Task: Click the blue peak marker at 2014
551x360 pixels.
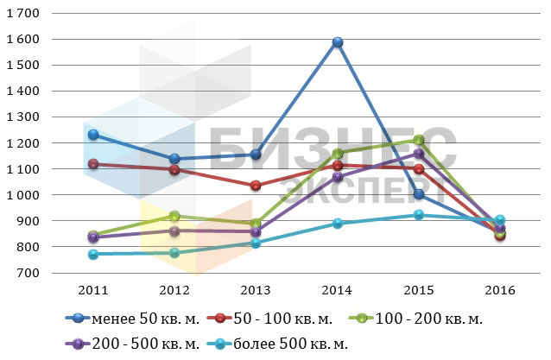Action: pyautogui.click(x=338, y=42)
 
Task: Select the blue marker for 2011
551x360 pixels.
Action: pyautogui.click(x=92, y=135)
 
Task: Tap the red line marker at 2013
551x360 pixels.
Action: pyautogui.click(x=256, y=186)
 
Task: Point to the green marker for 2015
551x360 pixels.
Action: pyautogui.click(x=419, y=140)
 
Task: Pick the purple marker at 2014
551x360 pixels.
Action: pyautogui.click(x=338, y=177)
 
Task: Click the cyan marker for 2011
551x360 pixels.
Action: pyautogui.click(x=92, y=254)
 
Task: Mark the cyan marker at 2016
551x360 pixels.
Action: pyautogui.click(x=500, y=220)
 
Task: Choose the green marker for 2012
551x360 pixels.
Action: pyautogui.click(x=174, y=216)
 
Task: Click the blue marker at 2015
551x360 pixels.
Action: pyautogui.click(x=419, y=194)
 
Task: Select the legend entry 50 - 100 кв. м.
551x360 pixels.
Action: pyautogui.click(x=277, y=319)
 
